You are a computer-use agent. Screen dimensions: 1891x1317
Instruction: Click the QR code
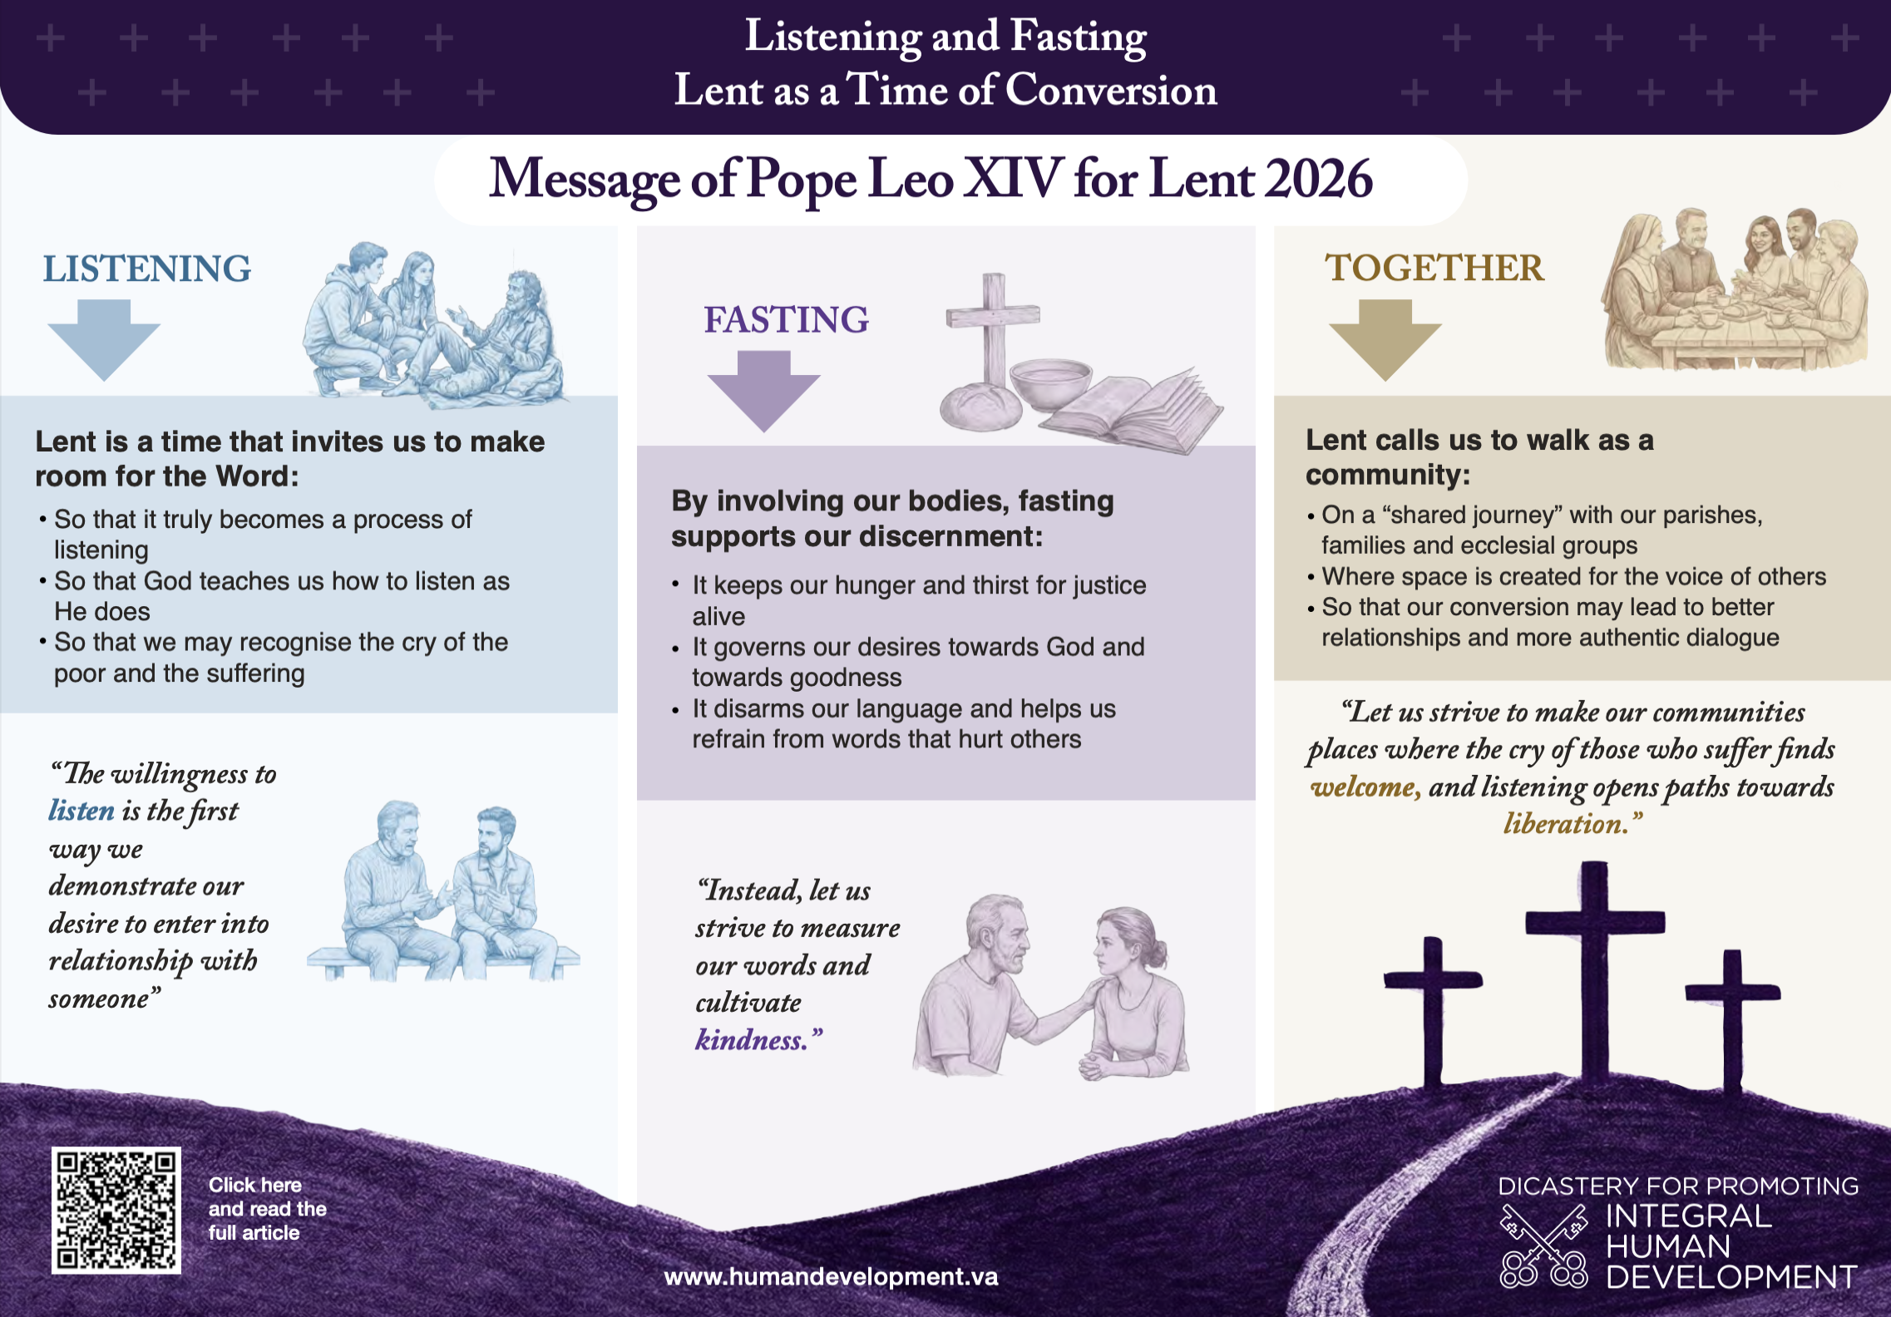[116, 1211]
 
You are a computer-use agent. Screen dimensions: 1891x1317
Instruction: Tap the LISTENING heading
[147, 269]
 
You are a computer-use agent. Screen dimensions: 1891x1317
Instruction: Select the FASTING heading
[786, 320]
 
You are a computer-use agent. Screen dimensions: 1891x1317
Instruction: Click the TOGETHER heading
[1434, 268]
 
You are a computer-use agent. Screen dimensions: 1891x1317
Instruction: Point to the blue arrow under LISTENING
[104, 340]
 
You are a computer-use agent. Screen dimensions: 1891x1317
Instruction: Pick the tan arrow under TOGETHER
[1385, 340]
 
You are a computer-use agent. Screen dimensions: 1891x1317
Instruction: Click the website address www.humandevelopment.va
[831, 1276]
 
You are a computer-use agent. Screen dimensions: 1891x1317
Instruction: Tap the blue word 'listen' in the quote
[81, 811]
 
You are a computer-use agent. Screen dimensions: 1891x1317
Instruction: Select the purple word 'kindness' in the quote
[752, 1040]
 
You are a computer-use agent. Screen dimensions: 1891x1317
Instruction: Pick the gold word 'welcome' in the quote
[1365, 787]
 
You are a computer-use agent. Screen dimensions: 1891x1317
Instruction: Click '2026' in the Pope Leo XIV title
[1318, 179]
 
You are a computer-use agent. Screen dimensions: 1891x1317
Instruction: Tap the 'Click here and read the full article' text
[267, 1209]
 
